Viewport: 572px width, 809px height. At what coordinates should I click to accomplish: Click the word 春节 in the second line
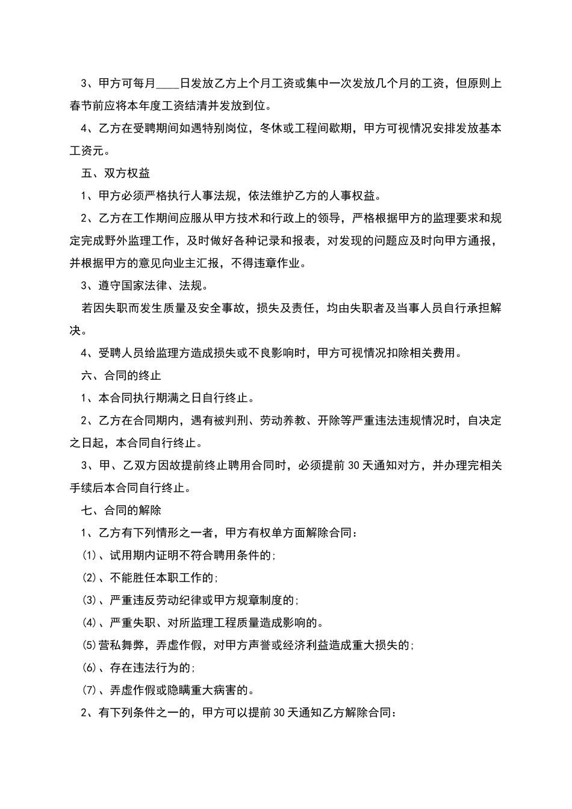pos(81,107)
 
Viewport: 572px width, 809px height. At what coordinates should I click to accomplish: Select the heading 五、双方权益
pos(116,173)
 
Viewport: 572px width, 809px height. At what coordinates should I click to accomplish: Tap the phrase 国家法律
pos(145,285)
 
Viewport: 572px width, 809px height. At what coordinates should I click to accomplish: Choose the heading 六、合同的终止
pos(121,376)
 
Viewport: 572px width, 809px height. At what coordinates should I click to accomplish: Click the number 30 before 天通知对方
pos(355,465)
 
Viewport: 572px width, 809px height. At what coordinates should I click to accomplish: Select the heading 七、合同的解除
pos(121,510)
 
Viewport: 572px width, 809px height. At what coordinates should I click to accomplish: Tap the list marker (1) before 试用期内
pos(89,556)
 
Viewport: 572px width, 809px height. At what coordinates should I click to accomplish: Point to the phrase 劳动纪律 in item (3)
pos(180,600)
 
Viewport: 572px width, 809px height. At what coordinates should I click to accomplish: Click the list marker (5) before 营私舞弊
pos(89,645)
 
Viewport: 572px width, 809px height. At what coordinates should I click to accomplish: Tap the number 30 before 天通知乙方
pos(279,713)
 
